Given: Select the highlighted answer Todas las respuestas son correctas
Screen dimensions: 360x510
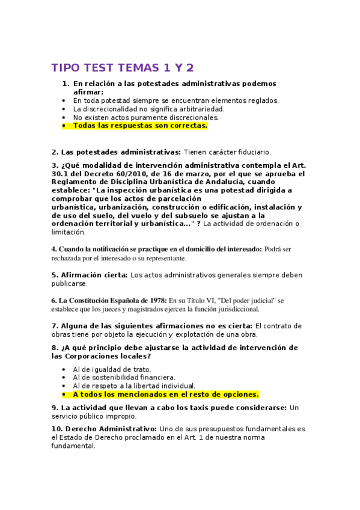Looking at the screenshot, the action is click(x=140, y=126).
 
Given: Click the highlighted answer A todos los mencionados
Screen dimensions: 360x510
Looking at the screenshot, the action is click(x=165, y=395).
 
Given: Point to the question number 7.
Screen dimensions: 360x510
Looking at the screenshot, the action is click(x=54, y=326).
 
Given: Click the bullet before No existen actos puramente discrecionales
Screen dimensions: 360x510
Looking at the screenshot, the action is click(x=64, y=118).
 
